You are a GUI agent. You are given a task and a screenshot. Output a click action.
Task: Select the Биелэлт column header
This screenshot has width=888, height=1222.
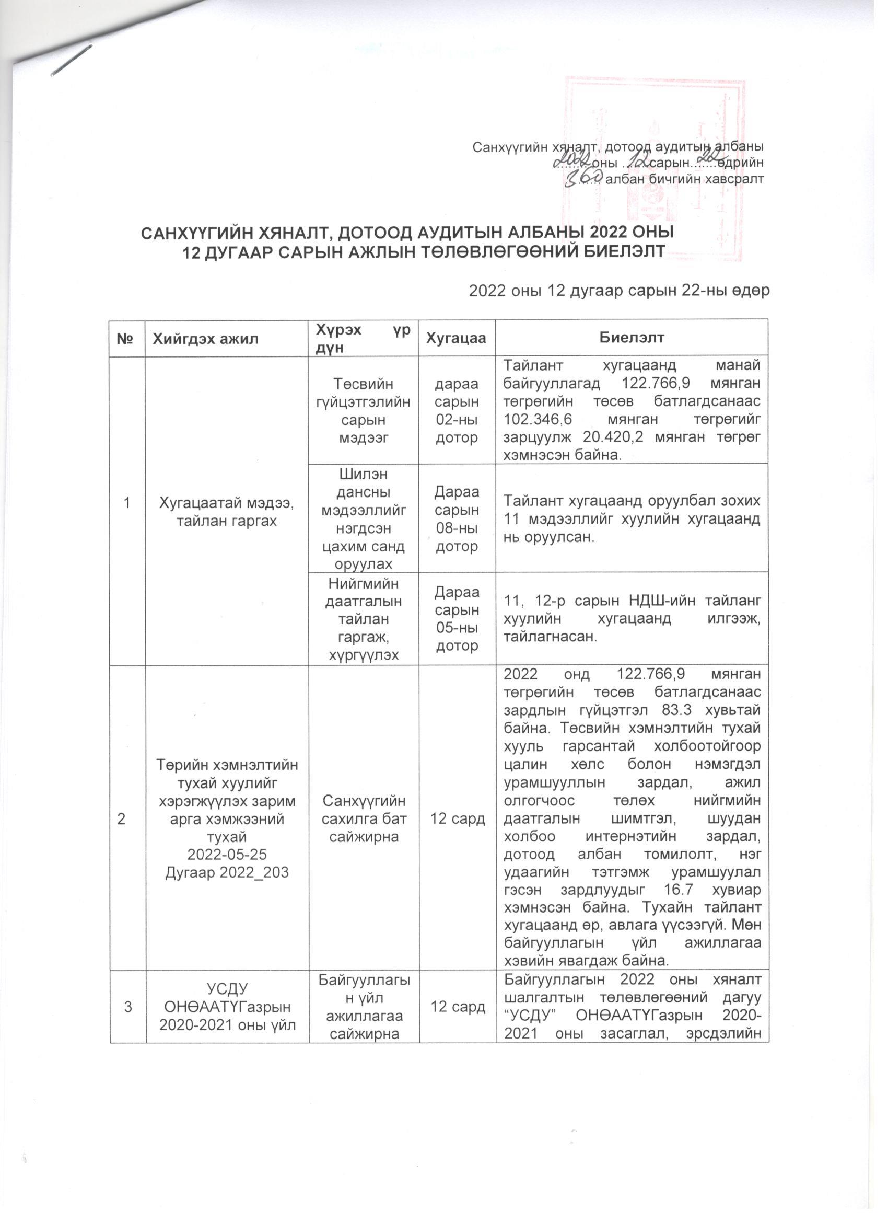click(x=631, y=337)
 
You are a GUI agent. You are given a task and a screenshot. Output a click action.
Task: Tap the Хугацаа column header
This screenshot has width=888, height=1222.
click(x=456, y=338)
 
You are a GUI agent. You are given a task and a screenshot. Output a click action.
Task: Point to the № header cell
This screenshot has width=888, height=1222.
click(x=126, y=338)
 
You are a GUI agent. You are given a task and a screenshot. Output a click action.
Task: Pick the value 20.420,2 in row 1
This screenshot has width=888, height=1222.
click(x=614, y=437)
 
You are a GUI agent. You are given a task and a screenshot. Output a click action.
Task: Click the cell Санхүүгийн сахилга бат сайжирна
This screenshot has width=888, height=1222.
click(x=364, y=818)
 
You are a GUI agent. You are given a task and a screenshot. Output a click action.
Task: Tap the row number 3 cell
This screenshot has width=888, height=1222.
click(x=127, y=1007)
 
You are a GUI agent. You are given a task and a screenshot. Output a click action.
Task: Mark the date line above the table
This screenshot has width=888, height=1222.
click(x=619, y=291)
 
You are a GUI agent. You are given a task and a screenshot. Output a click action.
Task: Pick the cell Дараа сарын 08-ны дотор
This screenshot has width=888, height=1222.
click(x=457, y=519)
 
